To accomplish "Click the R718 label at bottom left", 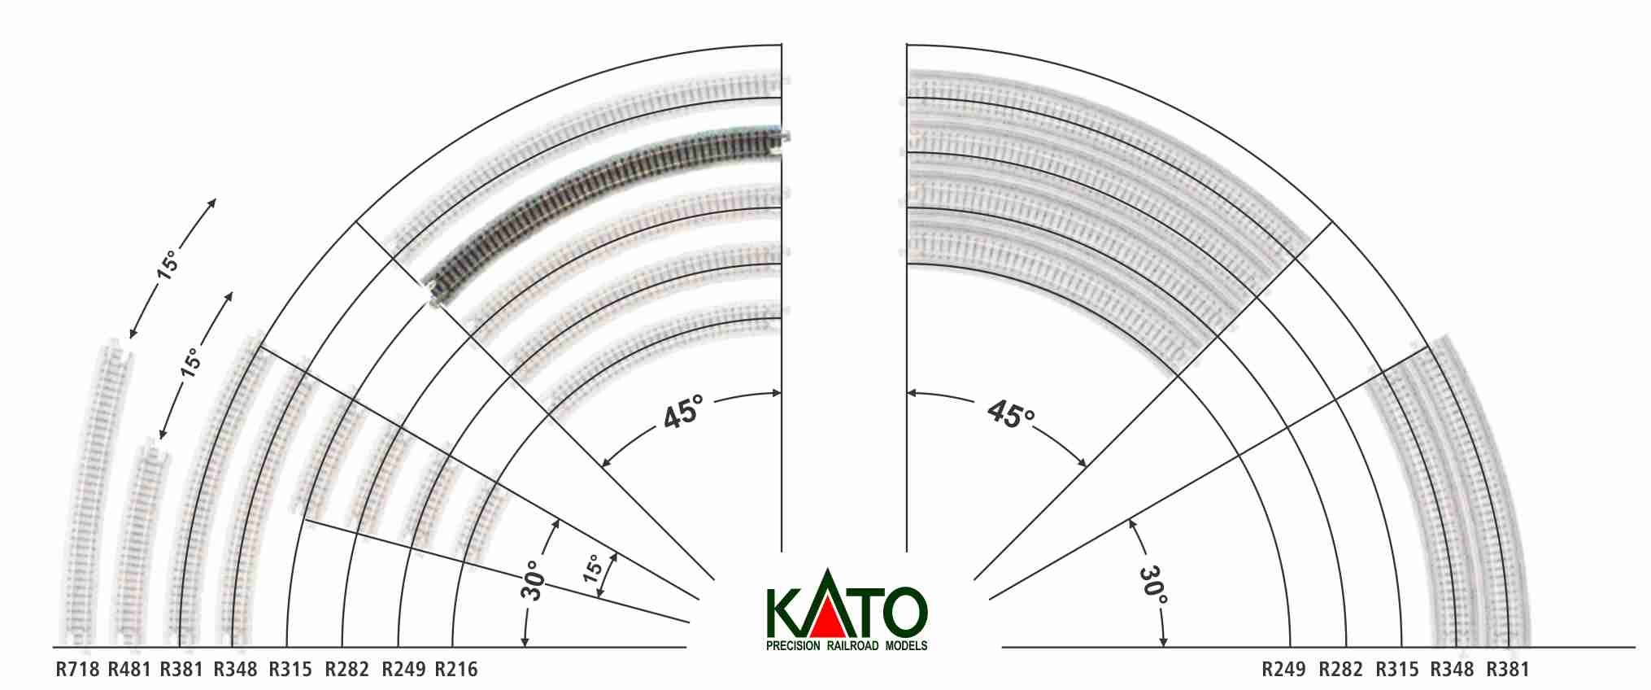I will (77, 670).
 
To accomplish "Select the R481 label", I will (129, 670).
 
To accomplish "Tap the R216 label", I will (456, 670).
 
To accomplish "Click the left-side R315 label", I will (290, 670).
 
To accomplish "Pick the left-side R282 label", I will (346, 670).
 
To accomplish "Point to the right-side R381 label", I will (1508, 670).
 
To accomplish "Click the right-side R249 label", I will (1283, 670).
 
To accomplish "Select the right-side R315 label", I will (1396, 670).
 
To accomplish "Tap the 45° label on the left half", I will (682, 413).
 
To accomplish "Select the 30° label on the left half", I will (533, 580).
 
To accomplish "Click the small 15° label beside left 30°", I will (595, 567).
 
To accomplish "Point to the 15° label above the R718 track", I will (168, 266).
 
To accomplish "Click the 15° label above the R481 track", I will (190, 362).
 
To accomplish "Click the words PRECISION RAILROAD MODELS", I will (847, 646).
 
